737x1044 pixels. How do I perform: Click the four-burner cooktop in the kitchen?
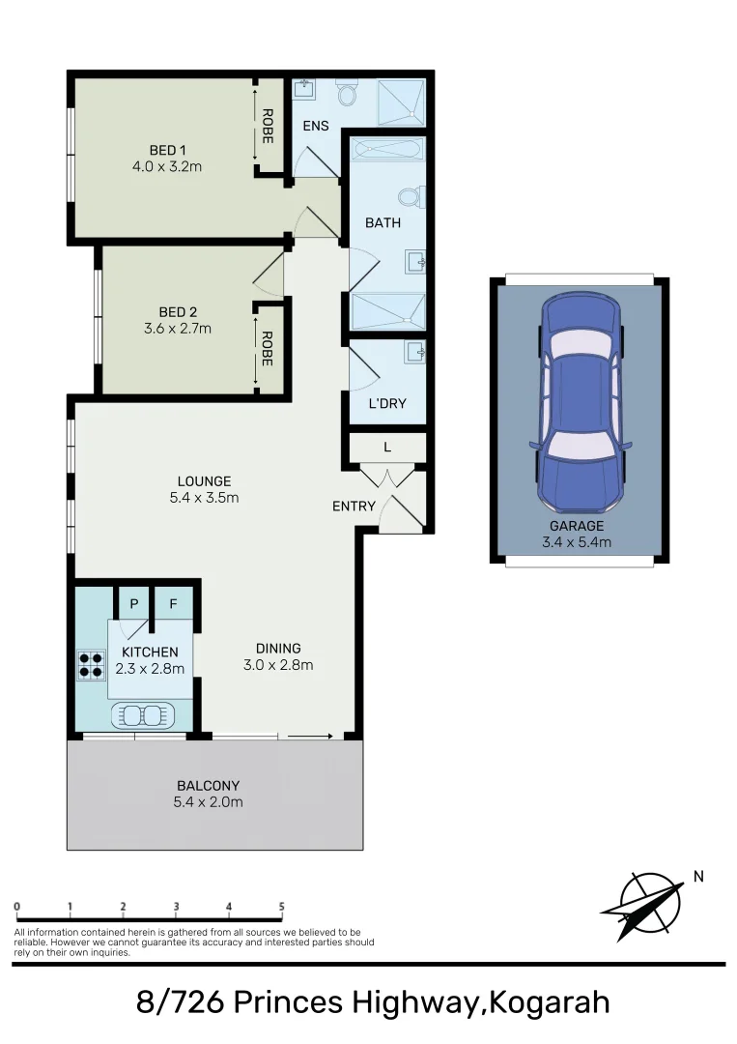click(91, 664)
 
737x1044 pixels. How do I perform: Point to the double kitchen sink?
click(142, 715)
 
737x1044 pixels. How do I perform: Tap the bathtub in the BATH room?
click(386, 150)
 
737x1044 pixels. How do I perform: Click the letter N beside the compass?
click(698, 877)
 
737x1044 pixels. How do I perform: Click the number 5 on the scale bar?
click(282, 907)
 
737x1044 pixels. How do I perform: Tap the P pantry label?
click(134, 604)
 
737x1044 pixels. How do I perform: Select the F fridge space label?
click(174, 604)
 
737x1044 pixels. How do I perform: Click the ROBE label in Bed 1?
click(268, 126)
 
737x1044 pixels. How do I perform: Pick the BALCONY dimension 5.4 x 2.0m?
click(210, 802)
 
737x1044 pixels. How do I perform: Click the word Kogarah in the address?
click(550, 1002)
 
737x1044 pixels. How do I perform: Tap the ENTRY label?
click(353, 506)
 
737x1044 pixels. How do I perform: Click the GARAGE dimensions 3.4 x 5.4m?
click(578, 542)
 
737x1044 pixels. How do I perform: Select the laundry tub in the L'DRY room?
click(414, 351)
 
